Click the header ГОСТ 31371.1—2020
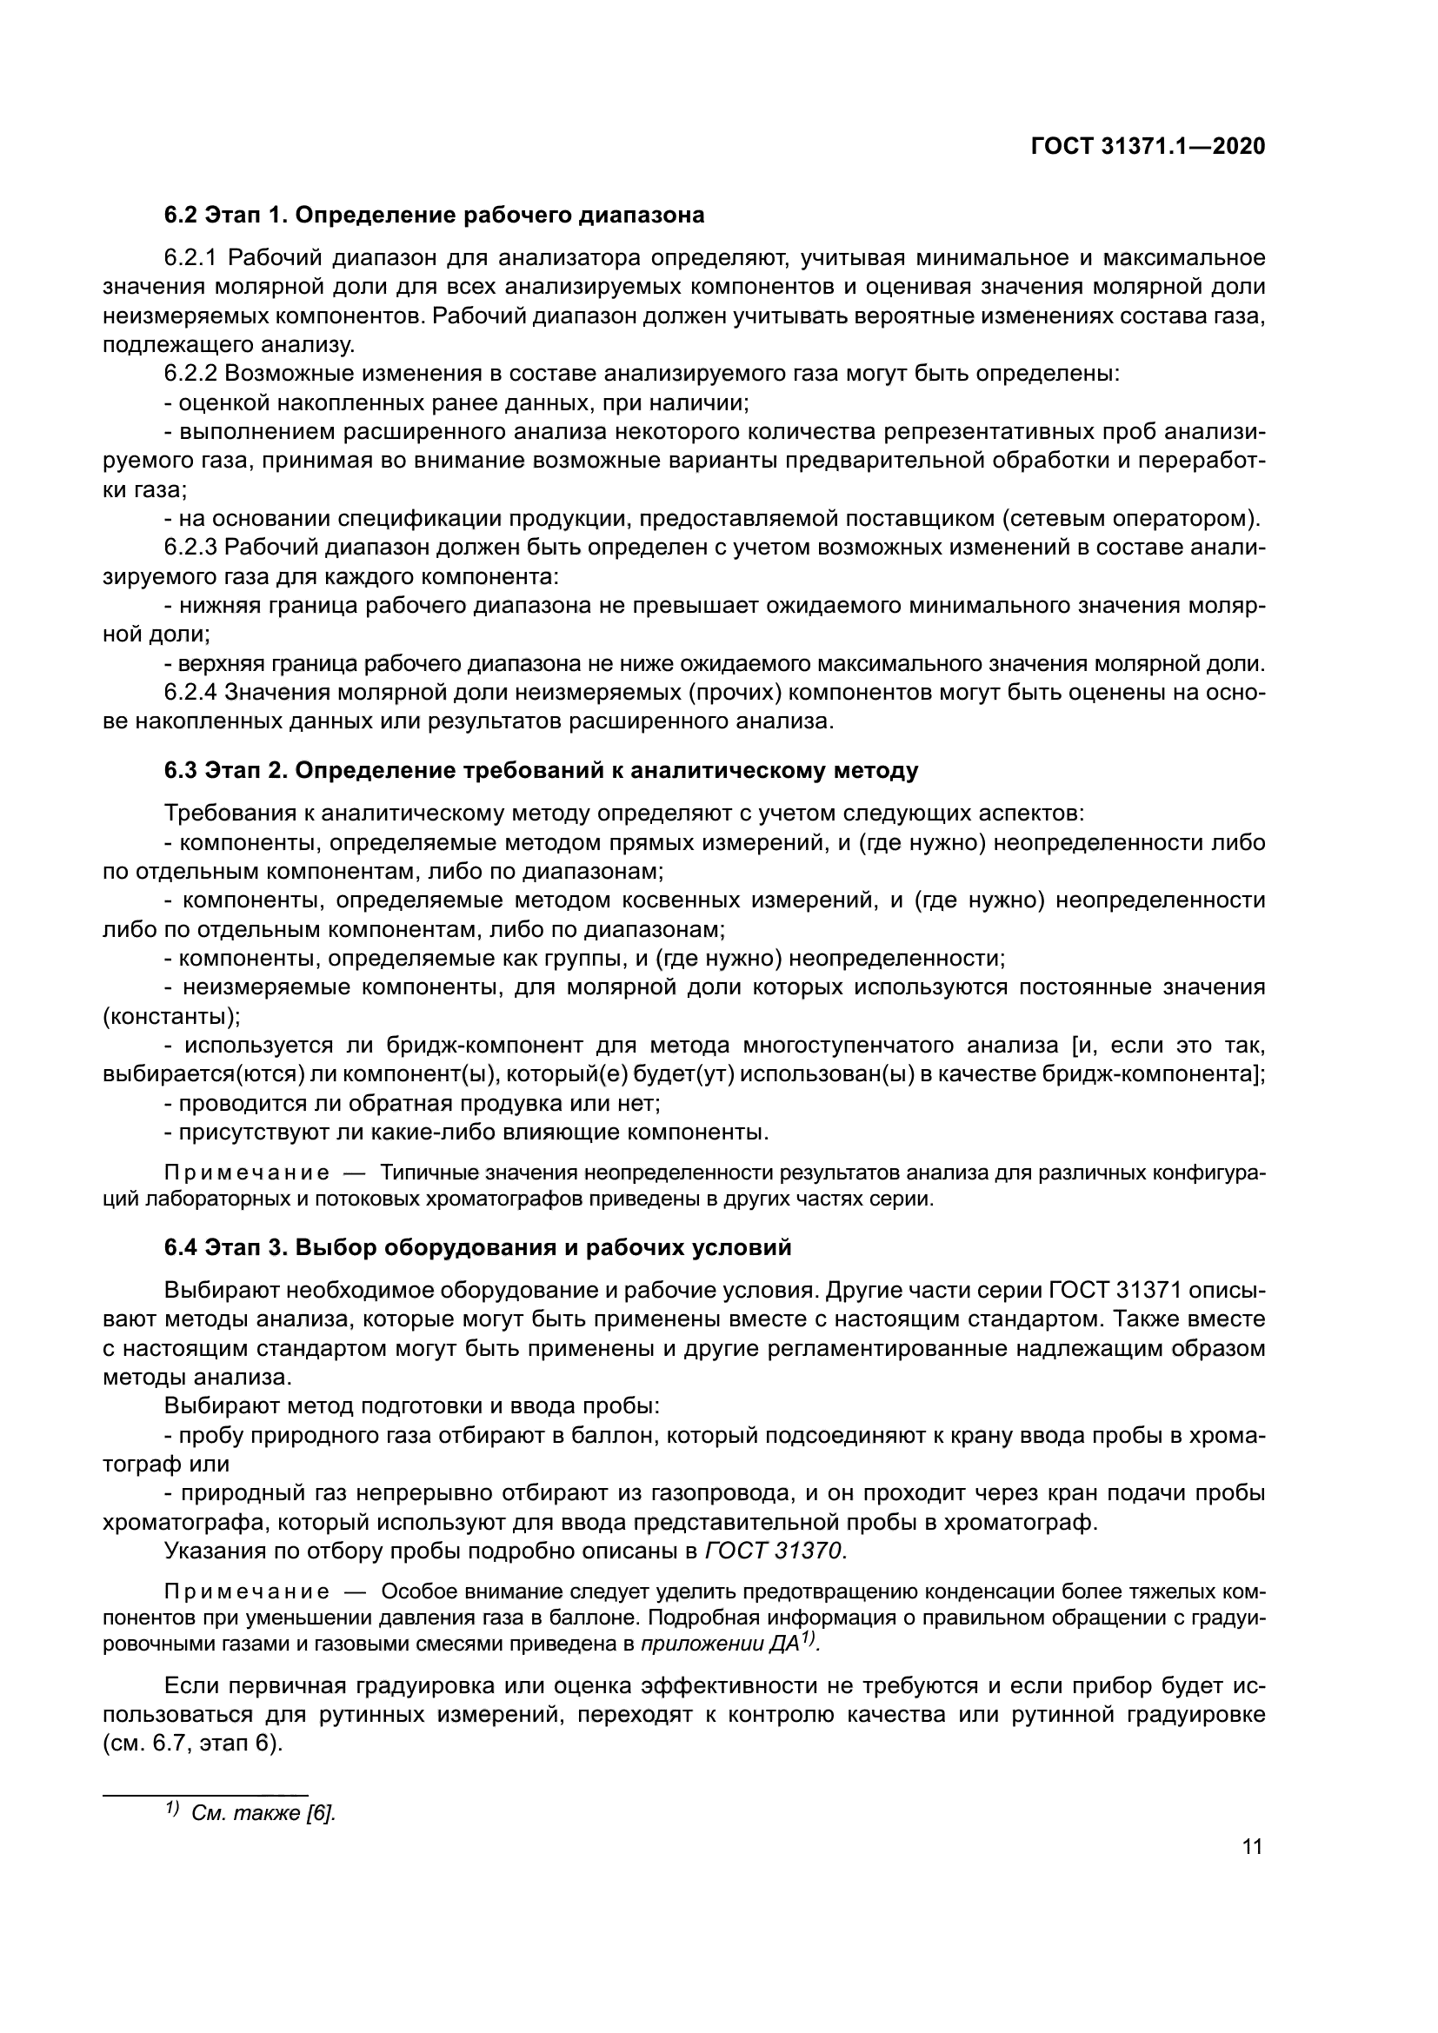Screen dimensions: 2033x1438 (x=1148, y=146)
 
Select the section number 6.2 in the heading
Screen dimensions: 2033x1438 (x=181, y=216)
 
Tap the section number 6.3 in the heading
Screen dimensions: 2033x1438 (x=181, y=770)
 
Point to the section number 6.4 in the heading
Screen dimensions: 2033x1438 (x=181, y=1247)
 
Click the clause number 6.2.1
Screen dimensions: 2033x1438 (x=190, y=257)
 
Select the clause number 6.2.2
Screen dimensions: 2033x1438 (x=190, y=374)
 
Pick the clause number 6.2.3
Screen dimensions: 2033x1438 (x=190, y=548)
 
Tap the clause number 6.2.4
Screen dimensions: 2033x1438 (x=190, y=693)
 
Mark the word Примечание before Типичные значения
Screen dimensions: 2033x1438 (x=247, y=1173)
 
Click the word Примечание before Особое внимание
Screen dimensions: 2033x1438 (x=247, y=1591)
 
